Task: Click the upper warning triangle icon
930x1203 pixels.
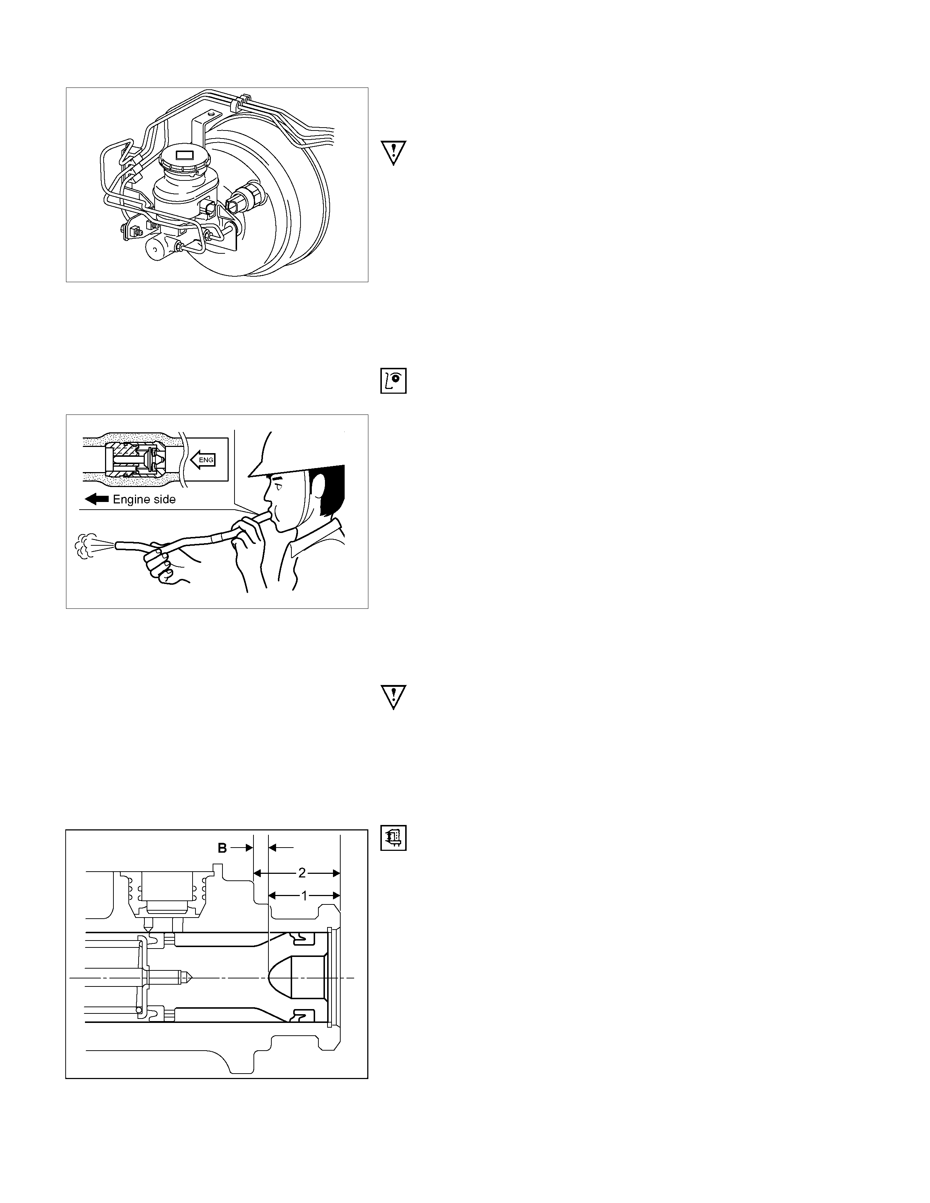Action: (x=394, y=153)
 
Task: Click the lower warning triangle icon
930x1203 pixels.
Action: (x=394, y=697)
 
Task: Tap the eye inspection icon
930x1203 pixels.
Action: (x=394, y=381)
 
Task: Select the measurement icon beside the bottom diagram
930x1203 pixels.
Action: (x=394, y=838)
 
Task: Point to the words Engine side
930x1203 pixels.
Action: (x=144, y=499)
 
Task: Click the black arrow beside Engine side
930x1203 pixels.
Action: (x=97, y=499)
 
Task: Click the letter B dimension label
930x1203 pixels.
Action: (x=222, y=848)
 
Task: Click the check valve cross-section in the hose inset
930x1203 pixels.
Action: (x=135, y=460)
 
